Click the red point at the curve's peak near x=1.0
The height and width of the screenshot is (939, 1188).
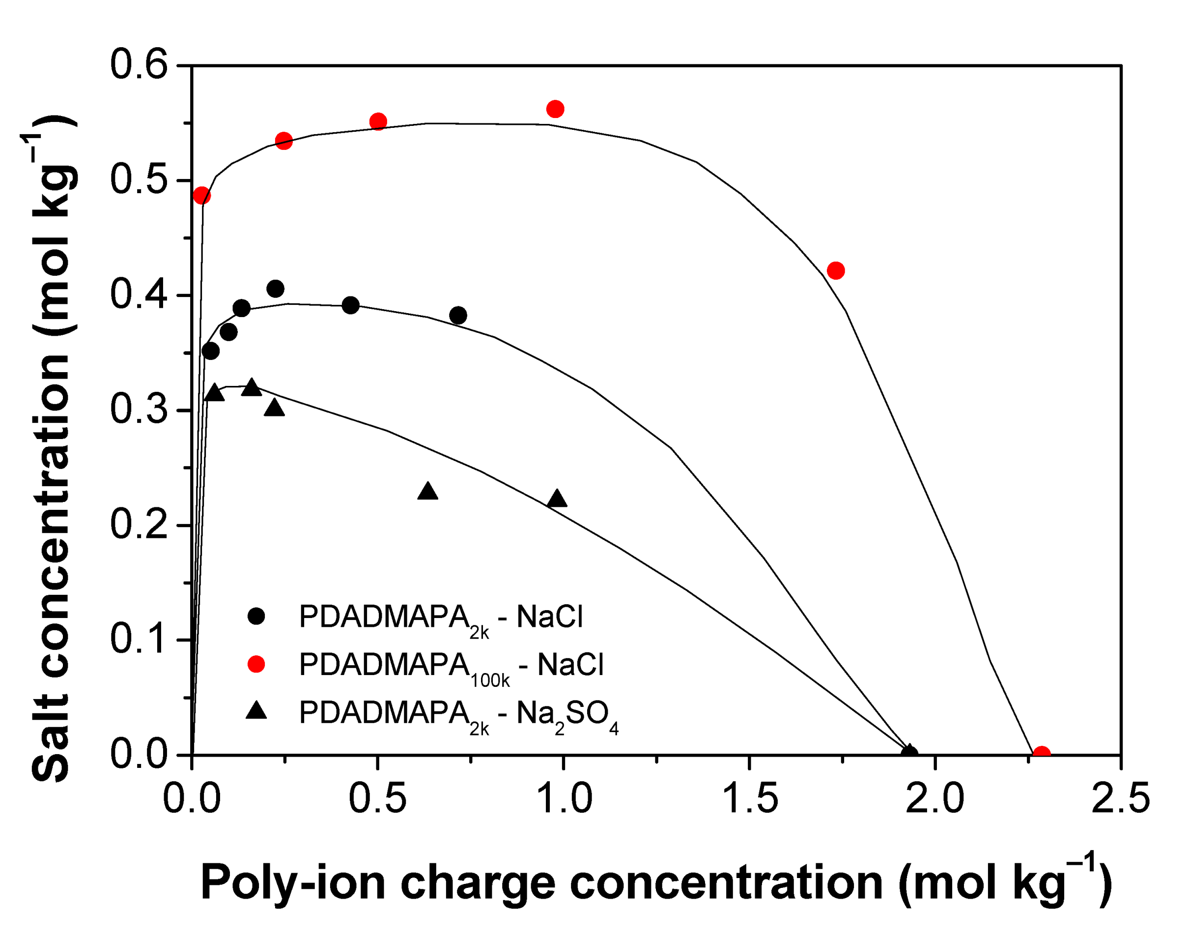click(555, 109)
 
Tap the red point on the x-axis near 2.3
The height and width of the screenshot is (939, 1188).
click(1041, 754)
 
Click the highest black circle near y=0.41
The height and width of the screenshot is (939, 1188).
click(275, 289)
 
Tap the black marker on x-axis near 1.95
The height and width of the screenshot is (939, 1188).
click(909, 753)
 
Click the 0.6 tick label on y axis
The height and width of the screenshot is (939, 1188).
click(139, 65)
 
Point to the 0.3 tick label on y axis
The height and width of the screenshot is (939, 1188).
click(139, 410)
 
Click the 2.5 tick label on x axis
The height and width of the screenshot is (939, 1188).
click(1120, 798)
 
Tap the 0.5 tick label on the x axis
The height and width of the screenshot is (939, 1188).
click(377, 798)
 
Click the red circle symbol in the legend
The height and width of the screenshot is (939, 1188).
click(256, 664)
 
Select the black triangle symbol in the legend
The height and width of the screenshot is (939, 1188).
click(256, 712)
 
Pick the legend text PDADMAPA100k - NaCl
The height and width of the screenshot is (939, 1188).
click(451, 666)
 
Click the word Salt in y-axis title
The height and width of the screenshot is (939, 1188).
click(51, 736)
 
